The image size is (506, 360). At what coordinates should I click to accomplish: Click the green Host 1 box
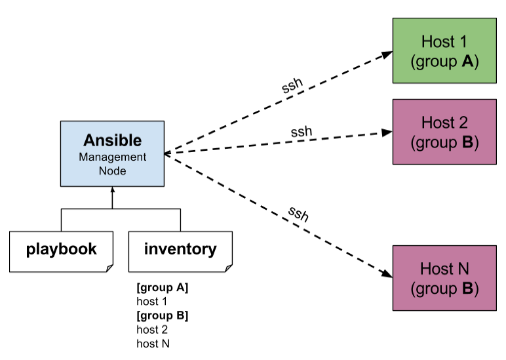[x=444, y=51]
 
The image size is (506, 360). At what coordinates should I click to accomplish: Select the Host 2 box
[x=444, y=131]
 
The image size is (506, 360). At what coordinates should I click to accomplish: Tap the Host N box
[x=444, y=277]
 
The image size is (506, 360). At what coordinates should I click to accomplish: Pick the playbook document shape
[x=62, y=250]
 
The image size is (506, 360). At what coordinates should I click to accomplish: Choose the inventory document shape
[x=180, y=250]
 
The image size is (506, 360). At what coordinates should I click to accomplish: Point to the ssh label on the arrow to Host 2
[x=301, y=131]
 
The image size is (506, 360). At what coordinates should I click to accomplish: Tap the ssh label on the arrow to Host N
[x=298, y=214]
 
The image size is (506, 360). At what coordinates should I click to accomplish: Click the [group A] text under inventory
[x=163, y=288]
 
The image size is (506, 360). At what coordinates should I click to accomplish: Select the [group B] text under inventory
[x=163, y=315]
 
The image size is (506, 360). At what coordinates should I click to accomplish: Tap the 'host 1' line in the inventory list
[x=152, y=302]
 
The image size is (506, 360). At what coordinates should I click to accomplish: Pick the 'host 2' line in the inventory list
[x=152, y=329]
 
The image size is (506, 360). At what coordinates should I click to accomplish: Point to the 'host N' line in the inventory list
[x=153, y=343]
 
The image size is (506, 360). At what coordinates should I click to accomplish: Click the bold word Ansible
[x=112, y=140]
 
